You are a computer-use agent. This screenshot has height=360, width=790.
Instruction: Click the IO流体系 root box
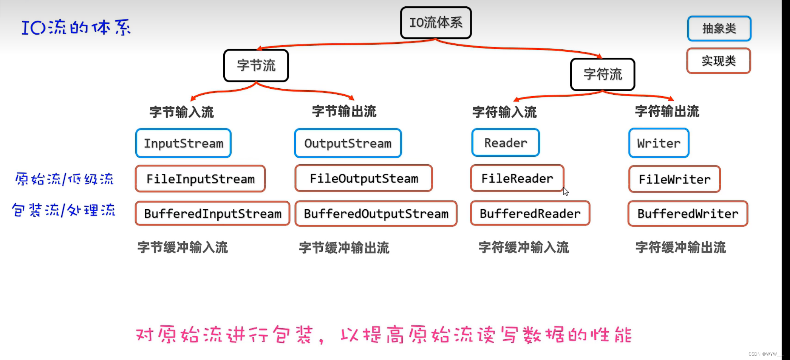[x=436, y=23]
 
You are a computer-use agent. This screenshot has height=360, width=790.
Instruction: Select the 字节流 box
[x=256, y=66]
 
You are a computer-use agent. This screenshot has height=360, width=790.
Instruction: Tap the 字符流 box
[x=603, y=74]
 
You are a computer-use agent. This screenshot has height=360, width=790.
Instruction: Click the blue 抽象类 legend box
[x=719, y=29]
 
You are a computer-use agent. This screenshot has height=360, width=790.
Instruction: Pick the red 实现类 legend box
[x=718, y=61]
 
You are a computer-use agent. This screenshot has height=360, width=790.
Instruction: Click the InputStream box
[x=183, y=143]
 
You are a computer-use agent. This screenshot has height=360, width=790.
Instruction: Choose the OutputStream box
[x=348, y=143]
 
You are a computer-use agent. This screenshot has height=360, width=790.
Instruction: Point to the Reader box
[x=505, y=143]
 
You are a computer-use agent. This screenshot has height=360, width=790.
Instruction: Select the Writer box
[x=659, y=143]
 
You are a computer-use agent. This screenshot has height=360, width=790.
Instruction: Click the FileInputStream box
[x=200, y=179]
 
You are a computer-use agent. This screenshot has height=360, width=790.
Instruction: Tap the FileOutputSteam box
[x=364, y=179]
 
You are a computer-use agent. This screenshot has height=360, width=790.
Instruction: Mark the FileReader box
[x=517, y=179]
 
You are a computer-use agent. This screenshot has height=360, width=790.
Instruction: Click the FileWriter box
[x=675, y=179]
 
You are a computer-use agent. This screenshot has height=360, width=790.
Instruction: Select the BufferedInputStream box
[x=213, y=214]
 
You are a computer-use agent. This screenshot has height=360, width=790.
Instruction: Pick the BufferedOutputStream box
[x=376, y=214]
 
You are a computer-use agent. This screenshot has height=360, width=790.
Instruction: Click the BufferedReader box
[x=530, y=214]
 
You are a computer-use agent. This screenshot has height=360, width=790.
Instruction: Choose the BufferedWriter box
[x=688, y=214]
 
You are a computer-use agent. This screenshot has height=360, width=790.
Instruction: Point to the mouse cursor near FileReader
[x=566, y=191]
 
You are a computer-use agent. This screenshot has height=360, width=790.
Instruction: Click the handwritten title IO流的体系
[x=76, y=27]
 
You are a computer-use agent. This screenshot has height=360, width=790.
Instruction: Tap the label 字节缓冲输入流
[x=183, y=247]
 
